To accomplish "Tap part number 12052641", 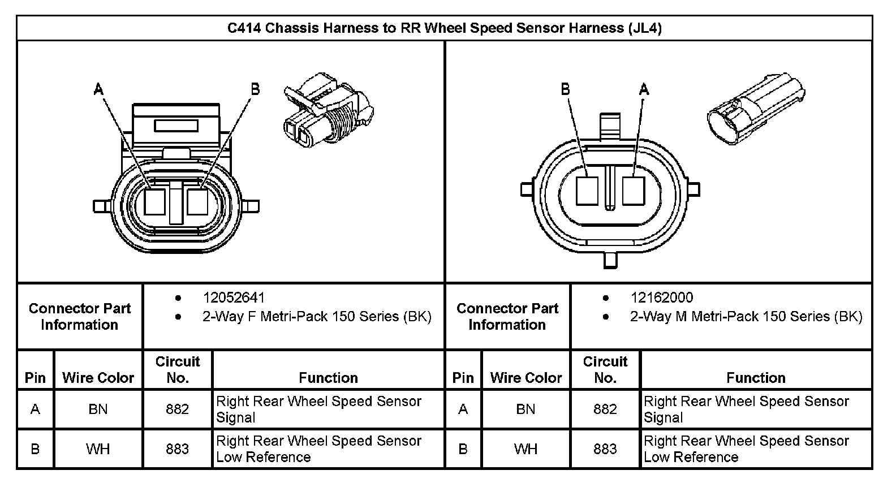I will [234, 297].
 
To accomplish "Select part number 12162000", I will [661, 297].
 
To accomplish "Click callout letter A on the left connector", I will [98, 89].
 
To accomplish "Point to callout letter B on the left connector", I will [255, 89].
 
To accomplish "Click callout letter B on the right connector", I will [565, 89].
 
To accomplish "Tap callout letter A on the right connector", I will [644, 89].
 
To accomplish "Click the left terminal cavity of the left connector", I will [154, 201].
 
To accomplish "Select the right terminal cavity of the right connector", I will [634, 191].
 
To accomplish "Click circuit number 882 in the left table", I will [177, 409].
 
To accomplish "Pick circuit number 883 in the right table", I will [605, 449].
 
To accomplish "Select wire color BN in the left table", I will [98, 409].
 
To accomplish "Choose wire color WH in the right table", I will [525, 449].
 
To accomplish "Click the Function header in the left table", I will [328, 377].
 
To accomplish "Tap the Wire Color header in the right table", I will [525, 377].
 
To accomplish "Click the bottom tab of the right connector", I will [611, 260].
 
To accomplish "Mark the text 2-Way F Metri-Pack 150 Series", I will [317, 317].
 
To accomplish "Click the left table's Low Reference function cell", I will [318, 449].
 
